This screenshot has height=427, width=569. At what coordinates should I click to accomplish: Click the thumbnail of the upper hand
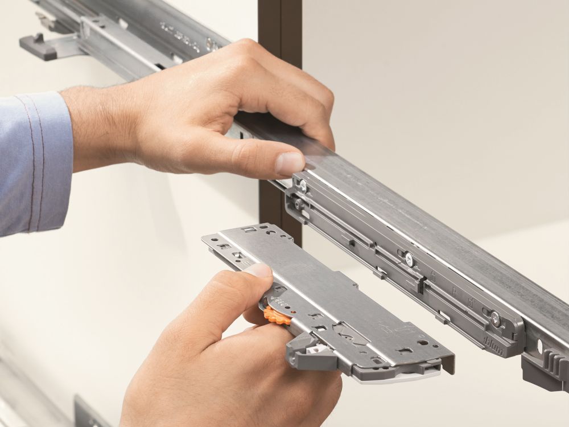tap(290, 163)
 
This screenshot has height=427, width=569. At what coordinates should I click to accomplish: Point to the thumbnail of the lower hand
tap(259, 270)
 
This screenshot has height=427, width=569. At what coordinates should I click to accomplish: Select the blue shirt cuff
tap(34, 162)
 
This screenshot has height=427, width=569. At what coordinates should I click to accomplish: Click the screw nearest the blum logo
tap(495, 319)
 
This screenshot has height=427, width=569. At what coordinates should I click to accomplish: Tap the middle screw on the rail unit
tap(409, 259)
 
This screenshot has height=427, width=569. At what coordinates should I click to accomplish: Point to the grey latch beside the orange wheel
tap(307, 350)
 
